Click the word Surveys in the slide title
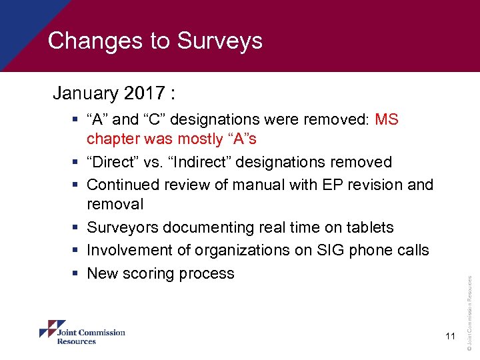(219, 41)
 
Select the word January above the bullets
(83, 93)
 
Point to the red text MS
(387, 119)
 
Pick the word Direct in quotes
(115, 162)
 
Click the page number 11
(450, 337)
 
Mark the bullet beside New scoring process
(77, 273)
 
